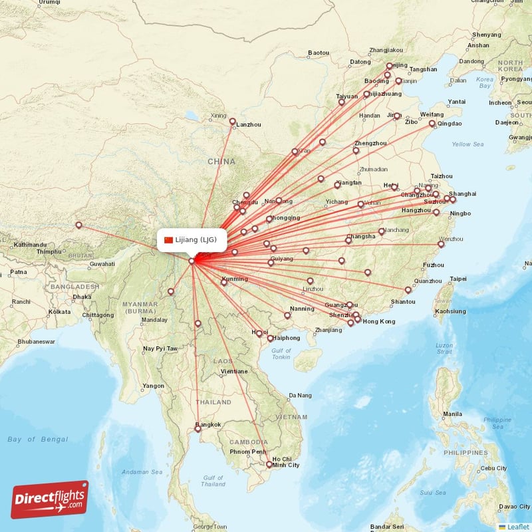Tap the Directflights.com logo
coord(50,499)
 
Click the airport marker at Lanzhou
coord(233,121)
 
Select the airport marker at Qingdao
coord(432,124)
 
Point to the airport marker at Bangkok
coord(198,430)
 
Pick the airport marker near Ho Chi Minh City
coord(269,464)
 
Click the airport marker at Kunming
coord(224,283)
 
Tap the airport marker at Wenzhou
coord(441,244)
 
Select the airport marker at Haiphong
coord(271,338)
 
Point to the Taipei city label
coord(458,279)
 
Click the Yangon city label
coord(153,386)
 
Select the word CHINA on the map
coord(221,162)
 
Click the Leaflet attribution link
coord(517,527)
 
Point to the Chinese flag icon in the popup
coord(168,240)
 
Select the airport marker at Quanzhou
coord(408,289)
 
